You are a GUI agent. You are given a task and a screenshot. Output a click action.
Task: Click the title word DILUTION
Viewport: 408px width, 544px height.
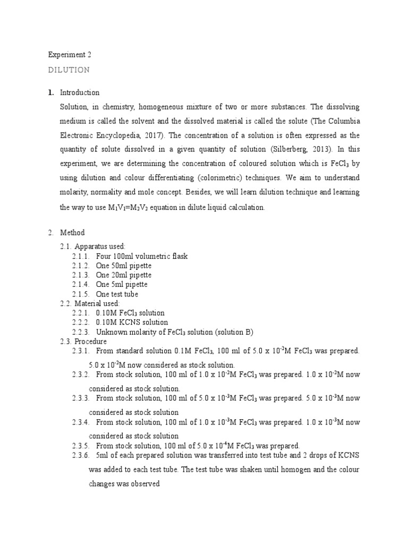[x=69, y=70]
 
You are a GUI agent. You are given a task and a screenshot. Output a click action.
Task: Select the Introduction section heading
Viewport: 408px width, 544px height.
[x=80, y=92]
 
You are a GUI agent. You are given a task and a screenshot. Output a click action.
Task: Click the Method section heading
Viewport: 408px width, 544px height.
[x=73, y=233]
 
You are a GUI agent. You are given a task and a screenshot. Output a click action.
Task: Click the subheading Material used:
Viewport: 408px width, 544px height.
[x=100, y=303]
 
